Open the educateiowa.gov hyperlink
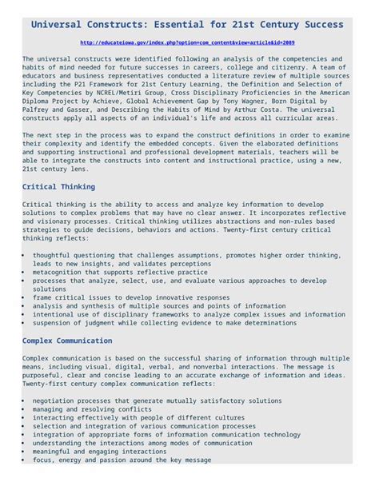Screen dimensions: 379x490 pyautogui.click(x=188, y=42)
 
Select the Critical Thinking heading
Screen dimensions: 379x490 pyautogui.click(x=58, y=186)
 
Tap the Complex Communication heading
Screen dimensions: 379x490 pyautogui.click(x=67, y=341)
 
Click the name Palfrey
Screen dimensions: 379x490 pyautogui.click(x=36, y=110)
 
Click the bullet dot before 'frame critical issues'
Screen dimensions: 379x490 pyautogui.click(x=24, y=297)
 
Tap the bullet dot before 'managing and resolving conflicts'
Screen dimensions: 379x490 pyautogui.click(x=24, y=409)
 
